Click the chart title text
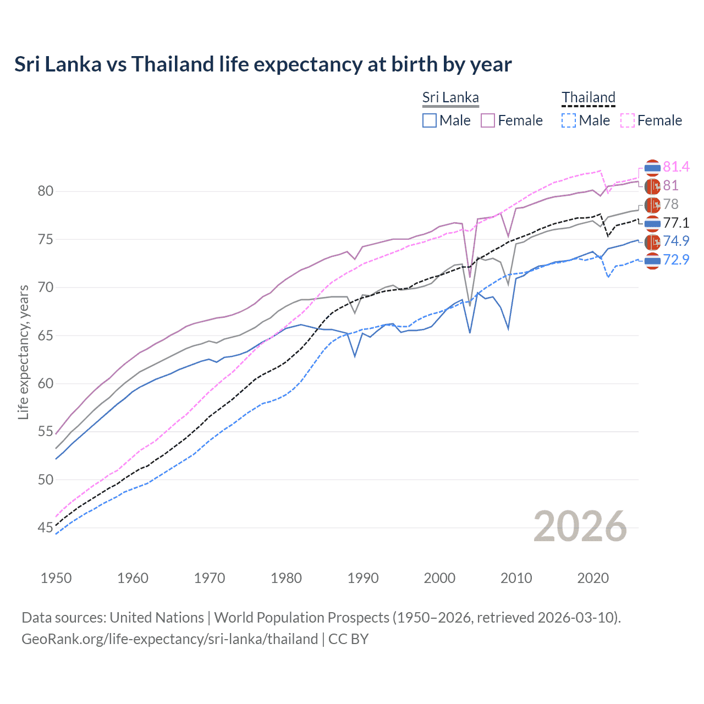point(263,64)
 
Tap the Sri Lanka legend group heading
point(450,98)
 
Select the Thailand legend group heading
point(588,98)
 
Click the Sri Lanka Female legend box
point(488,120)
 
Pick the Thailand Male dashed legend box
point(569,120)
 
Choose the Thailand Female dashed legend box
point(628,120)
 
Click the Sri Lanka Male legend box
point(430,120)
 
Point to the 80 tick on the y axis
point(46,191)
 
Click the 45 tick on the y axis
point(46,528)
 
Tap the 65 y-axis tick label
point(46,335)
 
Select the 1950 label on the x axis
point(56,578)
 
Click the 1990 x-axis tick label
point(363,578)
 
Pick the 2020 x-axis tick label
point(593,578)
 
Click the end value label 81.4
point(676,167)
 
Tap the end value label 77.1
point(676,223)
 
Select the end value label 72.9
point(676,260)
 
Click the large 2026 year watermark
point(580,527)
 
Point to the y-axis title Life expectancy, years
point(23,352)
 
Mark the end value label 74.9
point(676,241)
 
